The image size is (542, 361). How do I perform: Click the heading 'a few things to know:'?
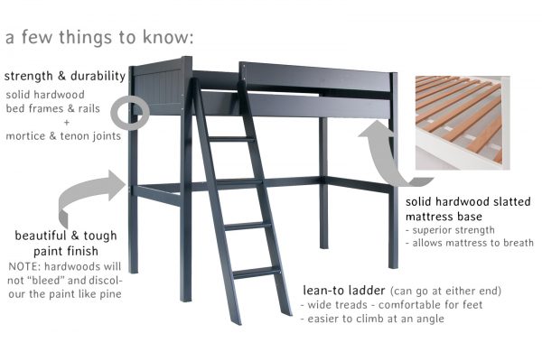(x=99, y=39)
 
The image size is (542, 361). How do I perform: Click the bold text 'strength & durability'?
(x=65, y=76)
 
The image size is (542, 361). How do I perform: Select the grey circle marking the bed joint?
(x=133, y=113)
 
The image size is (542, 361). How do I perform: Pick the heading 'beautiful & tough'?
(x=61, y=236)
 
